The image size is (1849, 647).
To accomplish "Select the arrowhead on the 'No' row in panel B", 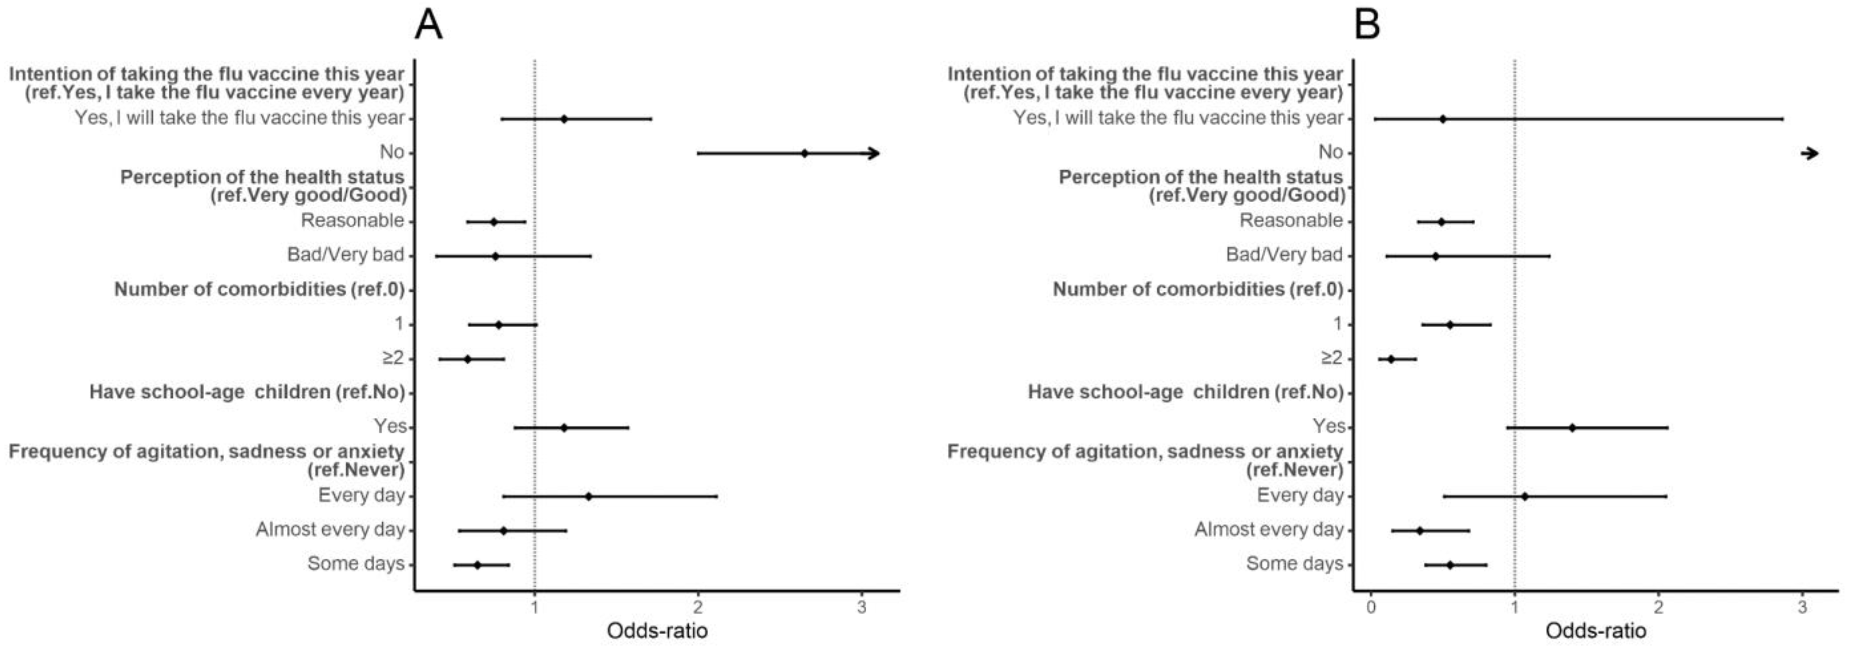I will point(1812,153).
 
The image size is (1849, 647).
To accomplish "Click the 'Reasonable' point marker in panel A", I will point(493,222).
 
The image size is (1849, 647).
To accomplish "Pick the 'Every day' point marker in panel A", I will point(589,497).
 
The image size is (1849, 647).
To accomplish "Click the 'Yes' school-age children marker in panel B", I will point(1572,427).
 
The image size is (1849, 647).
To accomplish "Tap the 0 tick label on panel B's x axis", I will point(1371,608).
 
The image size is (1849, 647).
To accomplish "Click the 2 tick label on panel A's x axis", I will point(698,608).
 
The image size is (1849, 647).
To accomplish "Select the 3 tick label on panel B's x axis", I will point(1802,608).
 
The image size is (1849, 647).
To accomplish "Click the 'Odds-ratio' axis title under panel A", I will point(657,631).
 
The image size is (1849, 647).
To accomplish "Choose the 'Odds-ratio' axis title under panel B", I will point(1595,631).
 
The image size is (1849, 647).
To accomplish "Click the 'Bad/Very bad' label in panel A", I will point(345,254).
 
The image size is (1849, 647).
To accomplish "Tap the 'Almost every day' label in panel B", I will point(1268,529).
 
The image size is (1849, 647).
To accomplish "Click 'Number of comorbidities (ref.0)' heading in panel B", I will point(1197,289).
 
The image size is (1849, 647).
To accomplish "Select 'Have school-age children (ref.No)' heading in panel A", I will point(246,392).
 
